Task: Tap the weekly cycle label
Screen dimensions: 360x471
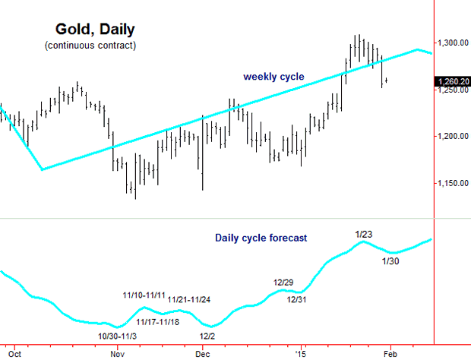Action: pos(273,77)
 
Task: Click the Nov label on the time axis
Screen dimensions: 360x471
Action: pos(117,353)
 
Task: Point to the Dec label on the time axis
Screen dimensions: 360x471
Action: pos(203,353)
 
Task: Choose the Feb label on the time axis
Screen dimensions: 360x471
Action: pos(390,353)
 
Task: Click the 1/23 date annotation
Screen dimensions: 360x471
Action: pos(364,233)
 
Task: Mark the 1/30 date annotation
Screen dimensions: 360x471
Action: pos(390,261)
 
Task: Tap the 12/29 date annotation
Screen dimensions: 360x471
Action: pos(283,283)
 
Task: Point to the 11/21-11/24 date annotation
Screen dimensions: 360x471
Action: pos(189,299)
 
